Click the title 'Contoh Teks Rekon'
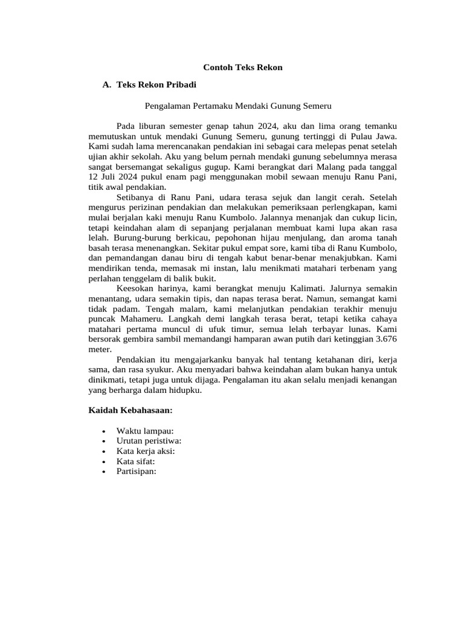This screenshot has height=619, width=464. tap(242, 67)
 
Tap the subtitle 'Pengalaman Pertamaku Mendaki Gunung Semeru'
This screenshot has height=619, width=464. tap(239, 105)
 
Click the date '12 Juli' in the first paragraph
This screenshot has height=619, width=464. tap(103, 177)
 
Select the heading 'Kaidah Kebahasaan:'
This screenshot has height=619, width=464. tap(130, 410)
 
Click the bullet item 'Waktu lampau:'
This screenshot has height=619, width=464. tap(145, 431)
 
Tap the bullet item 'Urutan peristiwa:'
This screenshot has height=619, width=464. tap(149, 441)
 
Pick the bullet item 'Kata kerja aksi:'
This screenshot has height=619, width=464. tap(146, 451)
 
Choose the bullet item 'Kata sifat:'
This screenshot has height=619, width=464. tap(137, 461)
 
